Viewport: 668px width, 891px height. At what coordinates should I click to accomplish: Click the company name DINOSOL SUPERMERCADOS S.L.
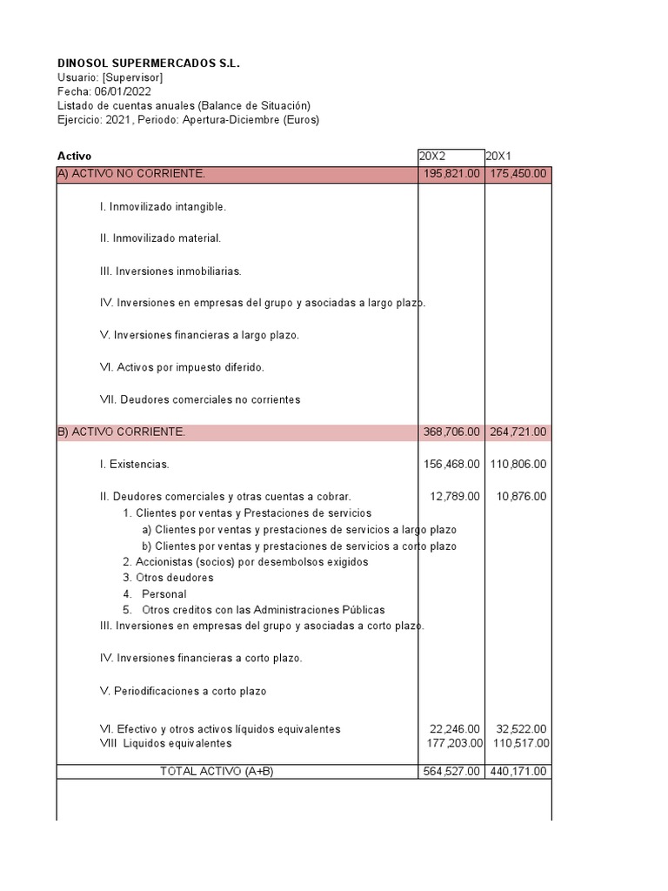[149, 64]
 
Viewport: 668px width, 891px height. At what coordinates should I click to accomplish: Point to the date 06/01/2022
[124, 91]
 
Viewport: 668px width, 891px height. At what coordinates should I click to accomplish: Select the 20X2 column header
[432, 157]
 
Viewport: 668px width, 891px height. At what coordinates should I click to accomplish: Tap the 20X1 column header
[499, 157]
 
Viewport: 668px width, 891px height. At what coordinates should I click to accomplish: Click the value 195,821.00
[451, 174]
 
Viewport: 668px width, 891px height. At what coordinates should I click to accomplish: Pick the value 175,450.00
[518, 174]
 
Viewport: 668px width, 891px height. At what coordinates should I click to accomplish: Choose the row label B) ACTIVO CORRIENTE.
[121, 432]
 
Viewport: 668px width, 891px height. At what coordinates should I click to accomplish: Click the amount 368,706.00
[451, 432]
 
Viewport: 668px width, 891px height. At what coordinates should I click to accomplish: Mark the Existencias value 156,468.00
[451, 465]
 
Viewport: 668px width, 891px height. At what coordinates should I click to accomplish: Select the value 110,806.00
[518, 465]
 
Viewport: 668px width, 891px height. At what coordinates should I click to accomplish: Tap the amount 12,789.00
[455, 497]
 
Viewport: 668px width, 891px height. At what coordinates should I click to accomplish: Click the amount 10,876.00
[522, 497]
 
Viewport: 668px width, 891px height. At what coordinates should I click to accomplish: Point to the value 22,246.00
[455, 729]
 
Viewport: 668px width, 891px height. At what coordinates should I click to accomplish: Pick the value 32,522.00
[522, 729]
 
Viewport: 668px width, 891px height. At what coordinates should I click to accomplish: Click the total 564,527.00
[451, 772]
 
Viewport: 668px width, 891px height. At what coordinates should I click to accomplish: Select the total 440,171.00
[518, 772]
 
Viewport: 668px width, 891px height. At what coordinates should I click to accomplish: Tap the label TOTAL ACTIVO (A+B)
[217, 772]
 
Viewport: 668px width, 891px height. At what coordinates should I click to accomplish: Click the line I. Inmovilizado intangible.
[164, 207]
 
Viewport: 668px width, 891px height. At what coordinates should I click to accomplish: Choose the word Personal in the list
[164, 594]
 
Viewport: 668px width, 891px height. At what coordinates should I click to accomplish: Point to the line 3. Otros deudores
[168, 578]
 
